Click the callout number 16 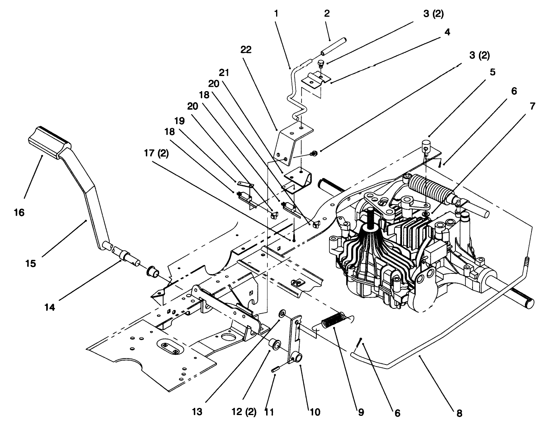[x=19, y=212]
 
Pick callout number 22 [x=246, y=50]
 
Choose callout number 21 [x=224, y=73]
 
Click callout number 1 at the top [x=276, y=13]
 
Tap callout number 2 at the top [x=327, y=13]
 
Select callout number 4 [x=447, y=32]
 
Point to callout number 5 [x=493, y=72]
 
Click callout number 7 [x=532, y=106]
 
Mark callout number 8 [x=459, y=414]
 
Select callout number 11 [x=270, y=412]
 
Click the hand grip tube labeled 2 [x=333, y=47]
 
